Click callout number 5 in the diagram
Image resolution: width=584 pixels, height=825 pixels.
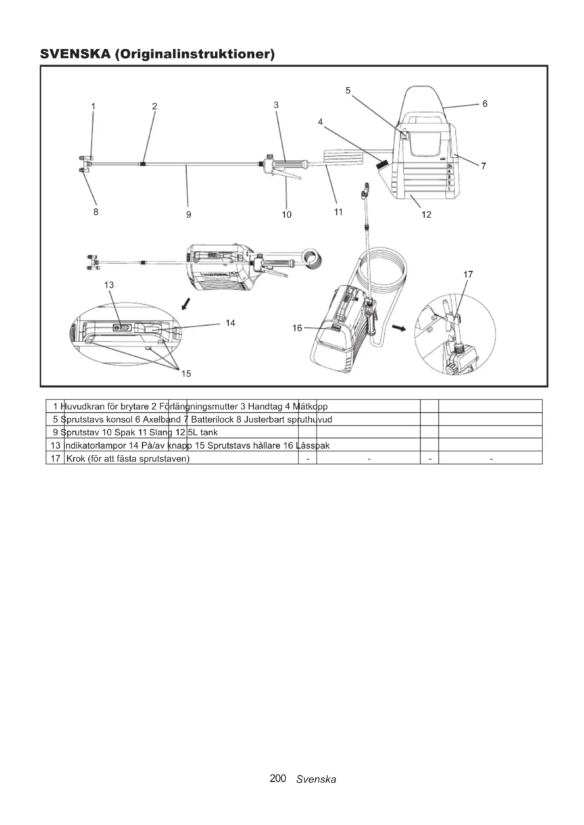pos(348,91)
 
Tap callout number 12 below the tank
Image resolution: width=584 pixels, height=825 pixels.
pos(426,214)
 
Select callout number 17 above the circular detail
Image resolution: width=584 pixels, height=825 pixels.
pos(468,274)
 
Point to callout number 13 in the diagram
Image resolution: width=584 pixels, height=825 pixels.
pos(109,285)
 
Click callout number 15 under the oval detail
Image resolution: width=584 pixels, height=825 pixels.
pos(186,374)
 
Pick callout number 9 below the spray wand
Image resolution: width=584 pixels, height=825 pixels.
pos(189,214)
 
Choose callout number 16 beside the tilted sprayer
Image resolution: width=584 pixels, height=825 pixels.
pos(297,328)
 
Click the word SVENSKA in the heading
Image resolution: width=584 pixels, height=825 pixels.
pos(75,54)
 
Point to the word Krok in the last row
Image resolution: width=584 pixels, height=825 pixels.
pos(76,459)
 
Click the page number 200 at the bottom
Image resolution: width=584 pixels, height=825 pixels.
pos(278,778)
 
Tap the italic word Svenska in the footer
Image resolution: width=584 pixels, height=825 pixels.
pos(316,779)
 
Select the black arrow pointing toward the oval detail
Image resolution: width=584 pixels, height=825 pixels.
pos(186,304)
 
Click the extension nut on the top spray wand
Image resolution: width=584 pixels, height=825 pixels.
pos(143,164)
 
